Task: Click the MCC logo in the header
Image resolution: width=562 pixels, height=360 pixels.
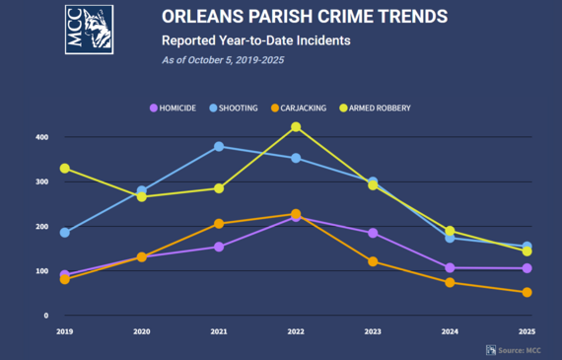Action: click(x=89, y=30)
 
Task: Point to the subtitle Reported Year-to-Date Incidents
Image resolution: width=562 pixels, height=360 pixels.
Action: click(x=255, y=40)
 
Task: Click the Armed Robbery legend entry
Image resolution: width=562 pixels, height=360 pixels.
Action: click(x=375, y=108)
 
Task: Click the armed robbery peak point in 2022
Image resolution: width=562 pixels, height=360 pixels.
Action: click(x=296, y=127)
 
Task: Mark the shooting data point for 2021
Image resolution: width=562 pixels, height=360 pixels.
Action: click(x=219, y=146)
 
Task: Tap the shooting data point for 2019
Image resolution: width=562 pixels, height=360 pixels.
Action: click(x=65, y=233)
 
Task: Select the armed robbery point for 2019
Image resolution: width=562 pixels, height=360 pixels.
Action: click(x=65, y=169)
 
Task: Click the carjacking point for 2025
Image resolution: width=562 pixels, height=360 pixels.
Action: click(x=527, y=292)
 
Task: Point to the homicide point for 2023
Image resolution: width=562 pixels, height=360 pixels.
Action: click(x=373, y=233)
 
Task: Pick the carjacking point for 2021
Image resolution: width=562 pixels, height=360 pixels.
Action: click(x=219, y=224)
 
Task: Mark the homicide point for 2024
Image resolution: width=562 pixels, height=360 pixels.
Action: click(x=450, y=268)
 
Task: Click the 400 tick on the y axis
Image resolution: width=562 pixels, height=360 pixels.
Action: click(x=41, y=137)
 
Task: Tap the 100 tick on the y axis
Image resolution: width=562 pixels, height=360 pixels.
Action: click(x=41, y=271)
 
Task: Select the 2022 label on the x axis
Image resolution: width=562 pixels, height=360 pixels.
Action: click(x=296, y=332)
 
